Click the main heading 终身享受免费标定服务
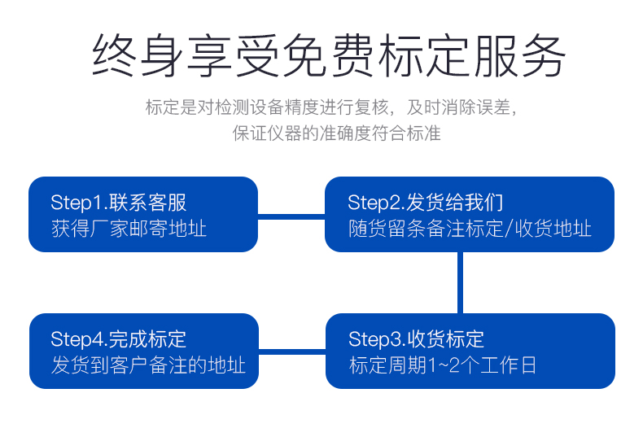(329, 56)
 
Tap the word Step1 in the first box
(77, 203)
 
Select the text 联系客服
(147, 203)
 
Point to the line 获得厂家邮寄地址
(129, 229)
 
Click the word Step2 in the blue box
(374, 203)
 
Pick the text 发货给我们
(455, 203)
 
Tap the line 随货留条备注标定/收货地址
(470, 229)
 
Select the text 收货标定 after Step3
(446, 339)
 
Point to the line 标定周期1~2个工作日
(443, 365)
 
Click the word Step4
(77, 339)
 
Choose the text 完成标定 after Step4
(147, 339)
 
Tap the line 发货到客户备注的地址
(148, 365)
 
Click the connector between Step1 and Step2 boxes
(291, 216)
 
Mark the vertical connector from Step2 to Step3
(460, 283)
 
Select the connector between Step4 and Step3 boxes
(292, 352)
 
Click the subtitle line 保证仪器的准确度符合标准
(337, 133)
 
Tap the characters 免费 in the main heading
(329, 56)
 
